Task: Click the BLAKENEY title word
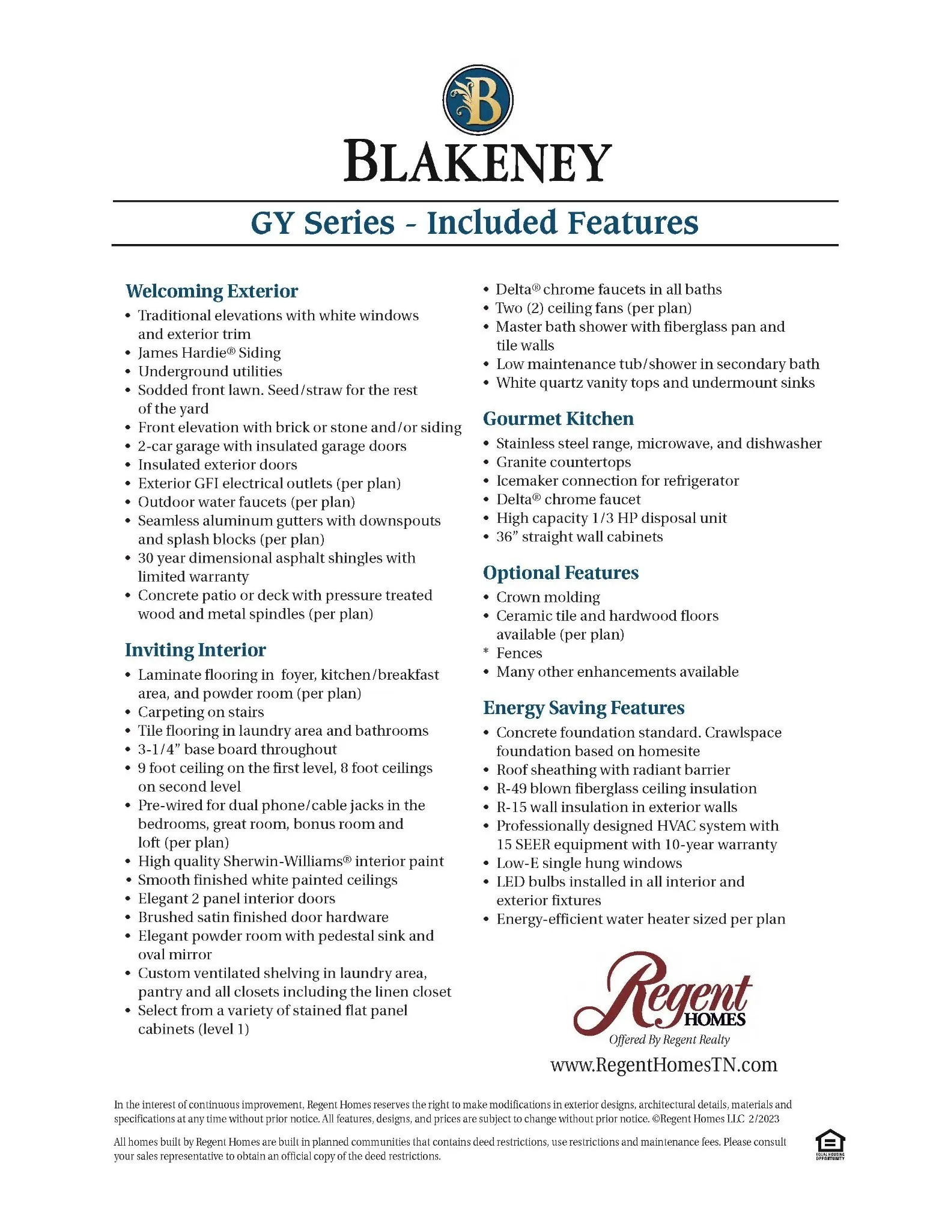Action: click(478, 162)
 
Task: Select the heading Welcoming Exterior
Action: click(211, 292)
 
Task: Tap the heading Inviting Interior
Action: click(195, 650)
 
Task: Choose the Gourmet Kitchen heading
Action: click(558, 419)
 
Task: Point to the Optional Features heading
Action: click(561, 573)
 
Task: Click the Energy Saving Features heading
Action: click(583, 708)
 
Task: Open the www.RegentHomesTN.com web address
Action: click(663, 1065)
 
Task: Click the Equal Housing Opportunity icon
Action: click(830, 1144)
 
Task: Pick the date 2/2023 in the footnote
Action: click(764, 1119)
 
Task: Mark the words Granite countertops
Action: click(564, 462)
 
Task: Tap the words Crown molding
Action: click(548, 597)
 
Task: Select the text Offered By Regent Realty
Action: click(669, 1040)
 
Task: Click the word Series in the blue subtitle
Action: click(349, 223)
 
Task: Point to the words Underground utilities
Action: click(210, 371)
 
